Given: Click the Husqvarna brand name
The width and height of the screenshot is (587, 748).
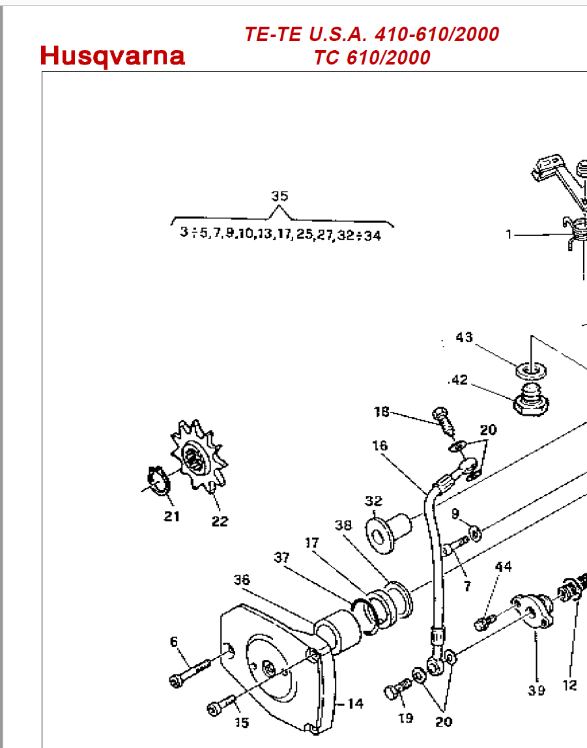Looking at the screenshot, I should pyautogui.click(x=113, y=56).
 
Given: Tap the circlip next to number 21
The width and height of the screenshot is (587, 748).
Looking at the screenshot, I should pyautogui.click(x=158, y=480).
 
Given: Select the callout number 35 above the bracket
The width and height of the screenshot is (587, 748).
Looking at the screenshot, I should pyautogui.click(x=279, y=196).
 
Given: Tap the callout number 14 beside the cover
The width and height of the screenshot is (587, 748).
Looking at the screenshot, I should pyautogui.click(x=355, y=704).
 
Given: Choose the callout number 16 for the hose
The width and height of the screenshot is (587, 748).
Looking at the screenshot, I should pyautogui.click(x=380, y=446).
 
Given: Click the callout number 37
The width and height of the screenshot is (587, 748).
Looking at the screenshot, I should pyautogui.click(x=281, y=558).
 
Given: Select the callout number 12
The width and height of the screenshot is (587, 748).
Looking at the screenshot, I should pyautogui.click(x=570, y=685).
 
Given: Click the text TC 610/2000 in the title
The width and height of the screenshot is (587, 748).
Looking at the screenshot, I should pyautogui.click(x=372, y=57).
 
